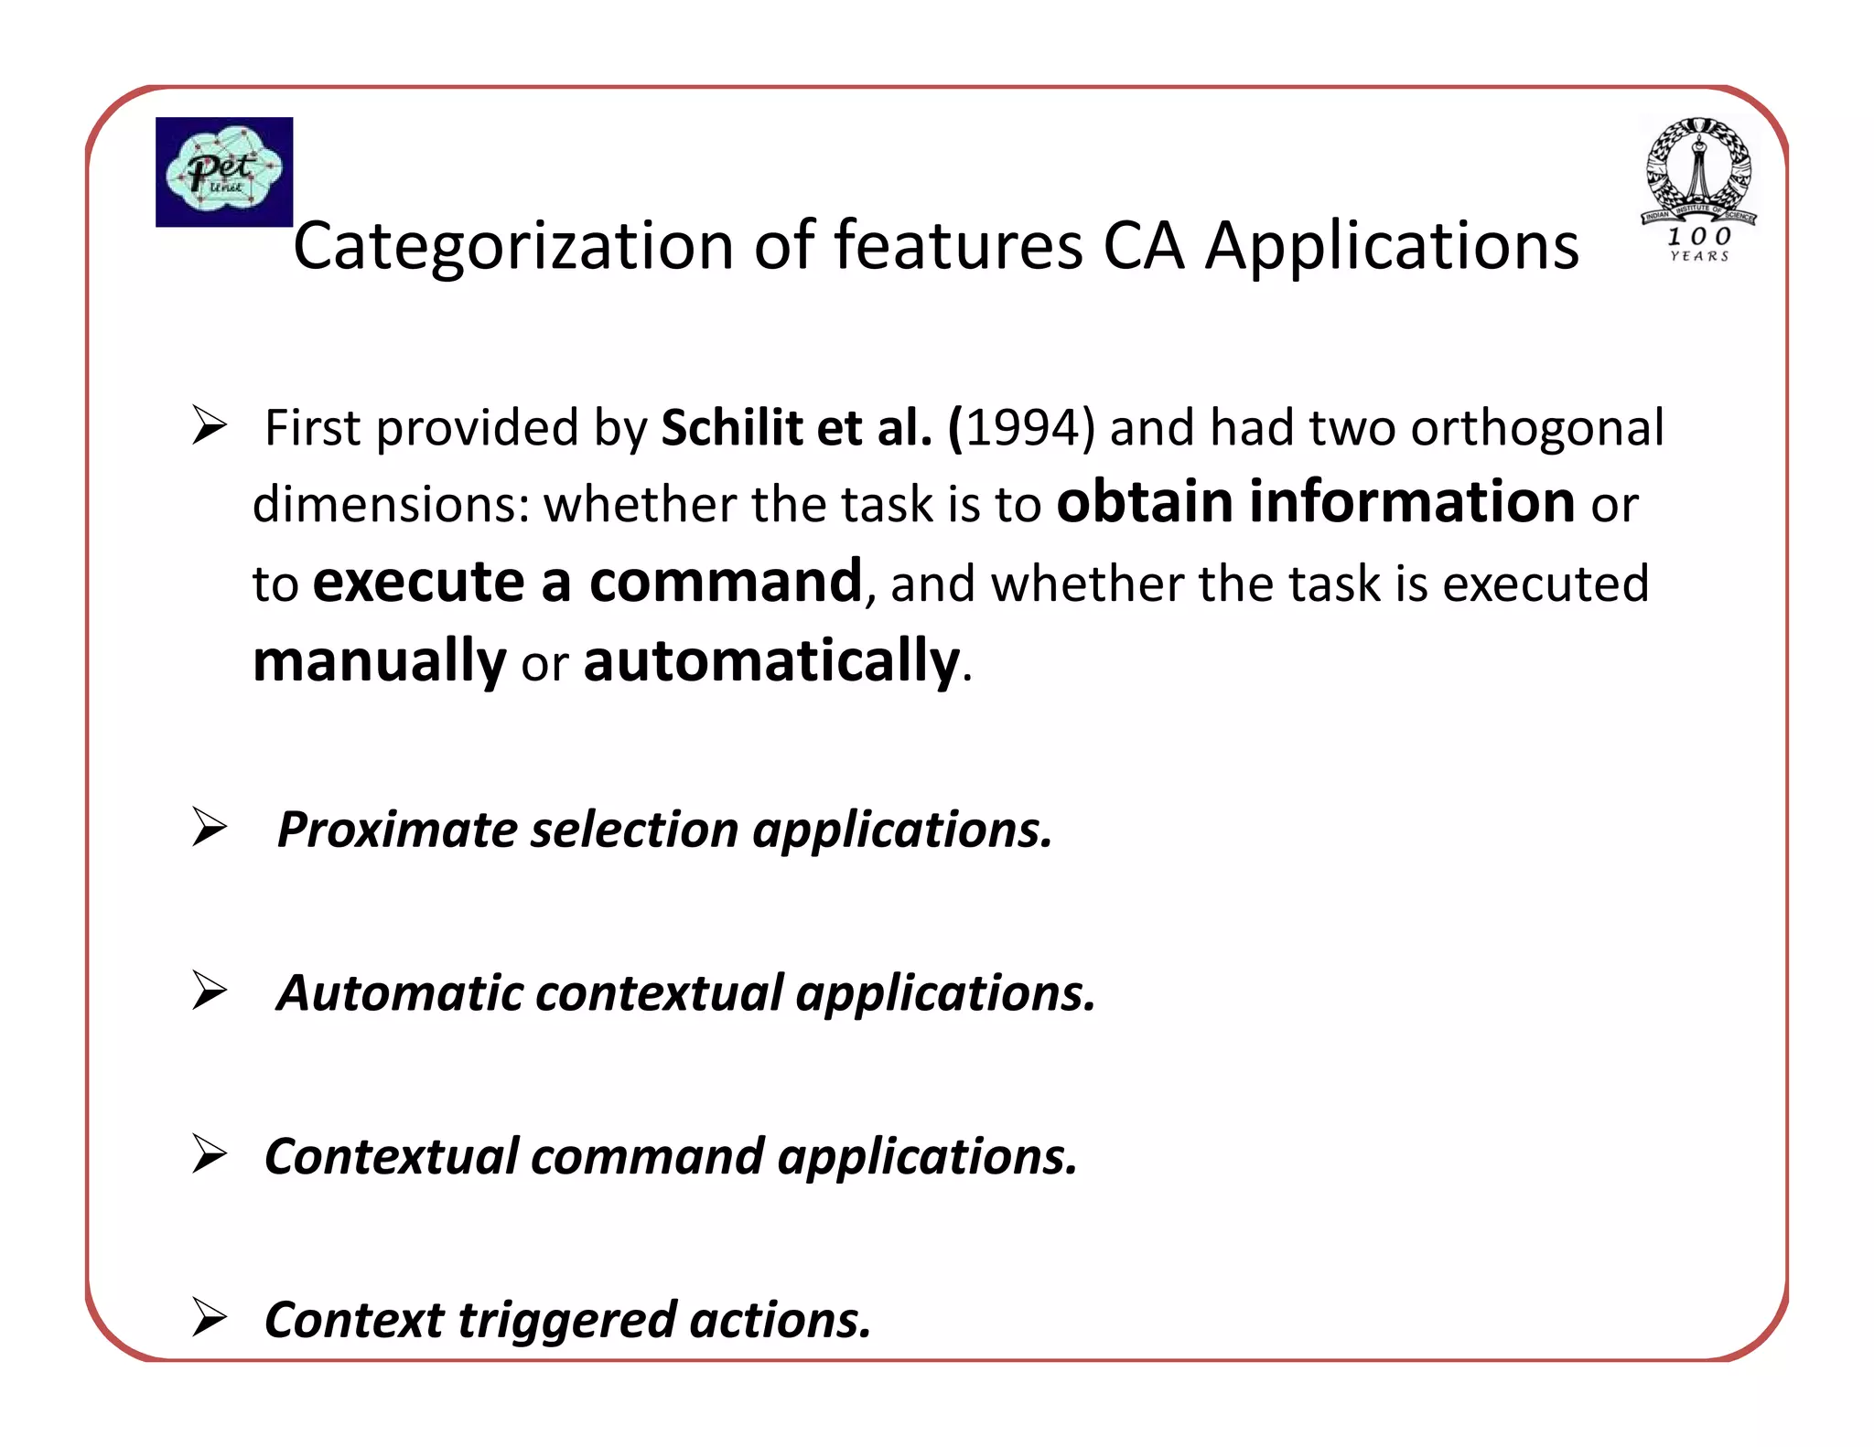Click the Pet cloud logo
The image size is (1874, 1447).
pyautogui.click(x=224, y=172)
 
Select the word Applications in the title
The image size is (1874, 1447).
pyautogui.click(x=1391, y=246)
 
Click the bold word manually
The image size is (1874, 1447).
pyautogui.click(x=379, y=661)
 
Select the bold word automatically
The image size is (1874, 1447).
pyautogui.click(x=771, y=661)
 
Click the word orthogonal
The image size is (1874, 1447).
pyautogui.click(x=1537, y=428)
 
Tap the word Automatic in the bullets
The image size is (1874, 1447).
pyautogui.click(x=400, y=993)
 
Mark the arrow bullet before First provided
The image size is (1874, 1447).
pyautogui.click(x=210, y=426)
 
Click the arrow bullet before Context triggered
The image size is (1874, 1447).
pyautogui.click(x=210, y=1318)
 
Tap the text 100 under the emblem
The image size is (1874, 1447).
pyautogui.click(x=1698, y=237)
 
